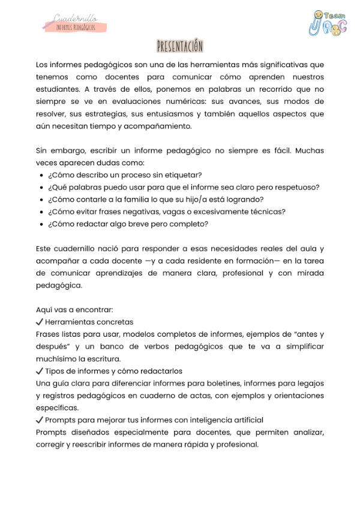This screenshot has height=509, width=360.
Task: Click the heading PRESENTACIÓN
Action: pyautogui.click(x=180, y=46)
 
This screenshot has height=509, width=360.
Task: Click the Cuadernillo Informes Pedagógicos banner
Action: pyautogui.click(x=74, y=23)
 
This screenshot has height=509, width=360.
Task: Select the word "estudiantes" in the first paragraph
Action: pyautogui.click(x=58, y=89)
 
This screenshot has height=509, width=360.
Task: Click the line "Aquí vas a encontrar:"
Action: pyautogui.click(x=74, y=310)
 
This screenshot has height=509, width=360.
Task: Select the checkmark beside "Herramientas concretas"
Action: pyautogui.click(x=40, y=322)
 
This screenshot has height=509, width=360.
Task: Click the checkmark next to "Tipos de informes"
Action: pyautogui.click(x=40, y=371)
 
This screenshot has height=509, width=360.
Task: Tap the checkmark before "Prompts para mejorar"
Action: pyautogui.click(x=40, y=420)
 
